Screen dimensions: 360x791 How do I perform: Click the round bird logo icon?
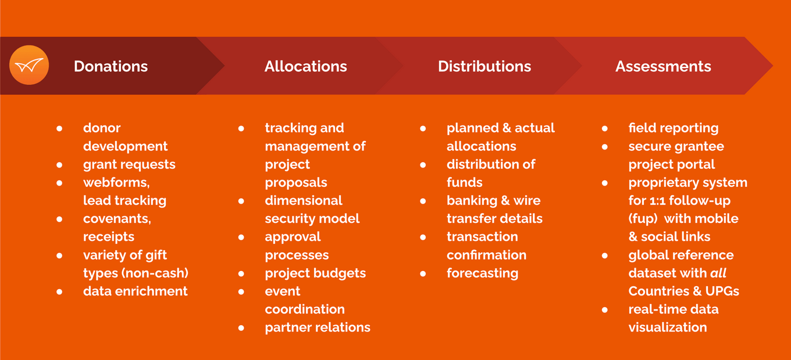click(x=29, y=65)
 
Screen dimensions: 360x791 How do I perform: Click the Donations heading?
click(x=111, y=66)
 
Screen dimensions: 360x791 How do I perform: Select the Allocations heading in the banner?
click(x=305, y=66)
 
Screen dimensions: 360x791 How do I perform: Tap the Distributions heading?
click(x=484, y=66)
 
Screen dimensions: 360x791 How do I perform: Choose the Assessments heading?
click(x=663, y=66)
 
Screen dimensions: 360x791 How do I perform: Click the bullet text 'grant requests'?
click(x=129, y=165)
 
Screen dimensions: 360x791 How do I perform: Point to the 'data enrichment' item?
click(x=135, y=291)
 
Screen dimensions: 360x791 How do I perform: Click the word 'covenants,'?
click(x=117, y=219)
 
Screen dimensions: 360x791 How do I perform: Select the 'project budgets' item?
click(x=315, y=273)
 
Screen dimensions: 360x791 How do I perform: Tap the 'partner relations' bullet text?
click(x=318, y=327)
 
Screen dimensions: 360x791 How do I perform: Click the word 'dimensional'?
click(x=304, y=201)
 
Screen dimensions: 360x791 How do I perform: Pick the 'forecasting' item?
click(x=482, y=273)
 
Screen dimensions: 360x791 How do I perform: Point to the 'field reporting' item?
click(x=673, y=128)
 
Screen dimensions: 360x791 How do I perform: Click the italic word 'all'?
click(x=718, y=273)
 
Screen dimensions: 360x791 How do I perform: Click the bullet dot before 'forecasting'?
click(x=423, y=273)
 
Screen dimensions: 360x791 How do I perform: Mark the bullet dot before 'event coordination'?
click(x=241, y=291)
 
